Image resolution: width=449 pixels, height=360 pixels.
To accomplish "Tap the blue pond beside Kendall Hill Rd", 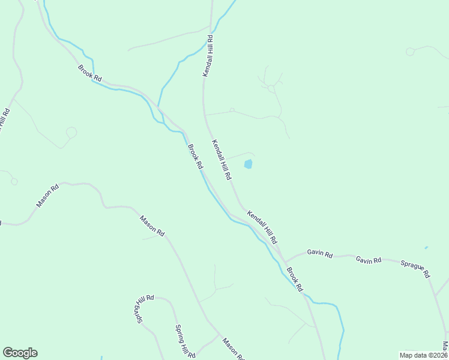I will click(248, 164).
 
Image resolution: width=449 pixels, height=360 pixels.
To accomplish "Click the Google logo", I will click(20, 353).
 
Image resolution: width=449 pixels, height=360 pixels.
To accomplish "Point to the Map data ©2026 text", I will click(423, 355).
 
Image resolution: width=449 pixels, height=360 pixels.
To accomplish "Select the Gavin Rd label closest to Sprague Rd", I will click(368, 260).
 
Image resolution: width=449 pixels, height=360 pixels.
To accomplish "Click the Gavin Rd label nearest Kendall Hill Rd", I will click(319, 254).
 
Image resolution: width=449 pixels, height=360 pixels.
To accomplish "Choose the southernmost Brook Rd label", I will click(294, 278).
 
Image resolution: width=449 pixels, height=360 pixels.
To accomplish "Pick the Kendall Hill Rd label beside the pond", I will click(221, 160).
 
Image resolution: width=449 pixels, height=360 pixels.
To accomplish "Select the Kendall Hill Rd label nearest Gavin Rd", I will click(263, 226).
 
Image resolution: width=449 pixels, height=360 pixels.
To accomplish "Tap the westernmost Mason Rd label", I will click(47, 196).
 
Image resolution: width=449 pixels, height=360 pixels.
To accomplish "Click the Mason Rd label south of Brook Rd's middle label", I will click(152, 226).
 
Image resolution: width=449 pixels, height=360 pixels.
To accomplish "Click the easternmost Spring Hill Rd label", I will click(184, 341).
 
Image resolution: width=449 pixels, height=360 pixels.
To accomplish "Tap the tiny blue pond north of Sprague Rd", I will click(426, 247).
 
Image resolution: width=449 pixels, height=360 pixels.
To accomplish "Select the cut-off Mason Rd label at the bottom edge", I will click(232, 350).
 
